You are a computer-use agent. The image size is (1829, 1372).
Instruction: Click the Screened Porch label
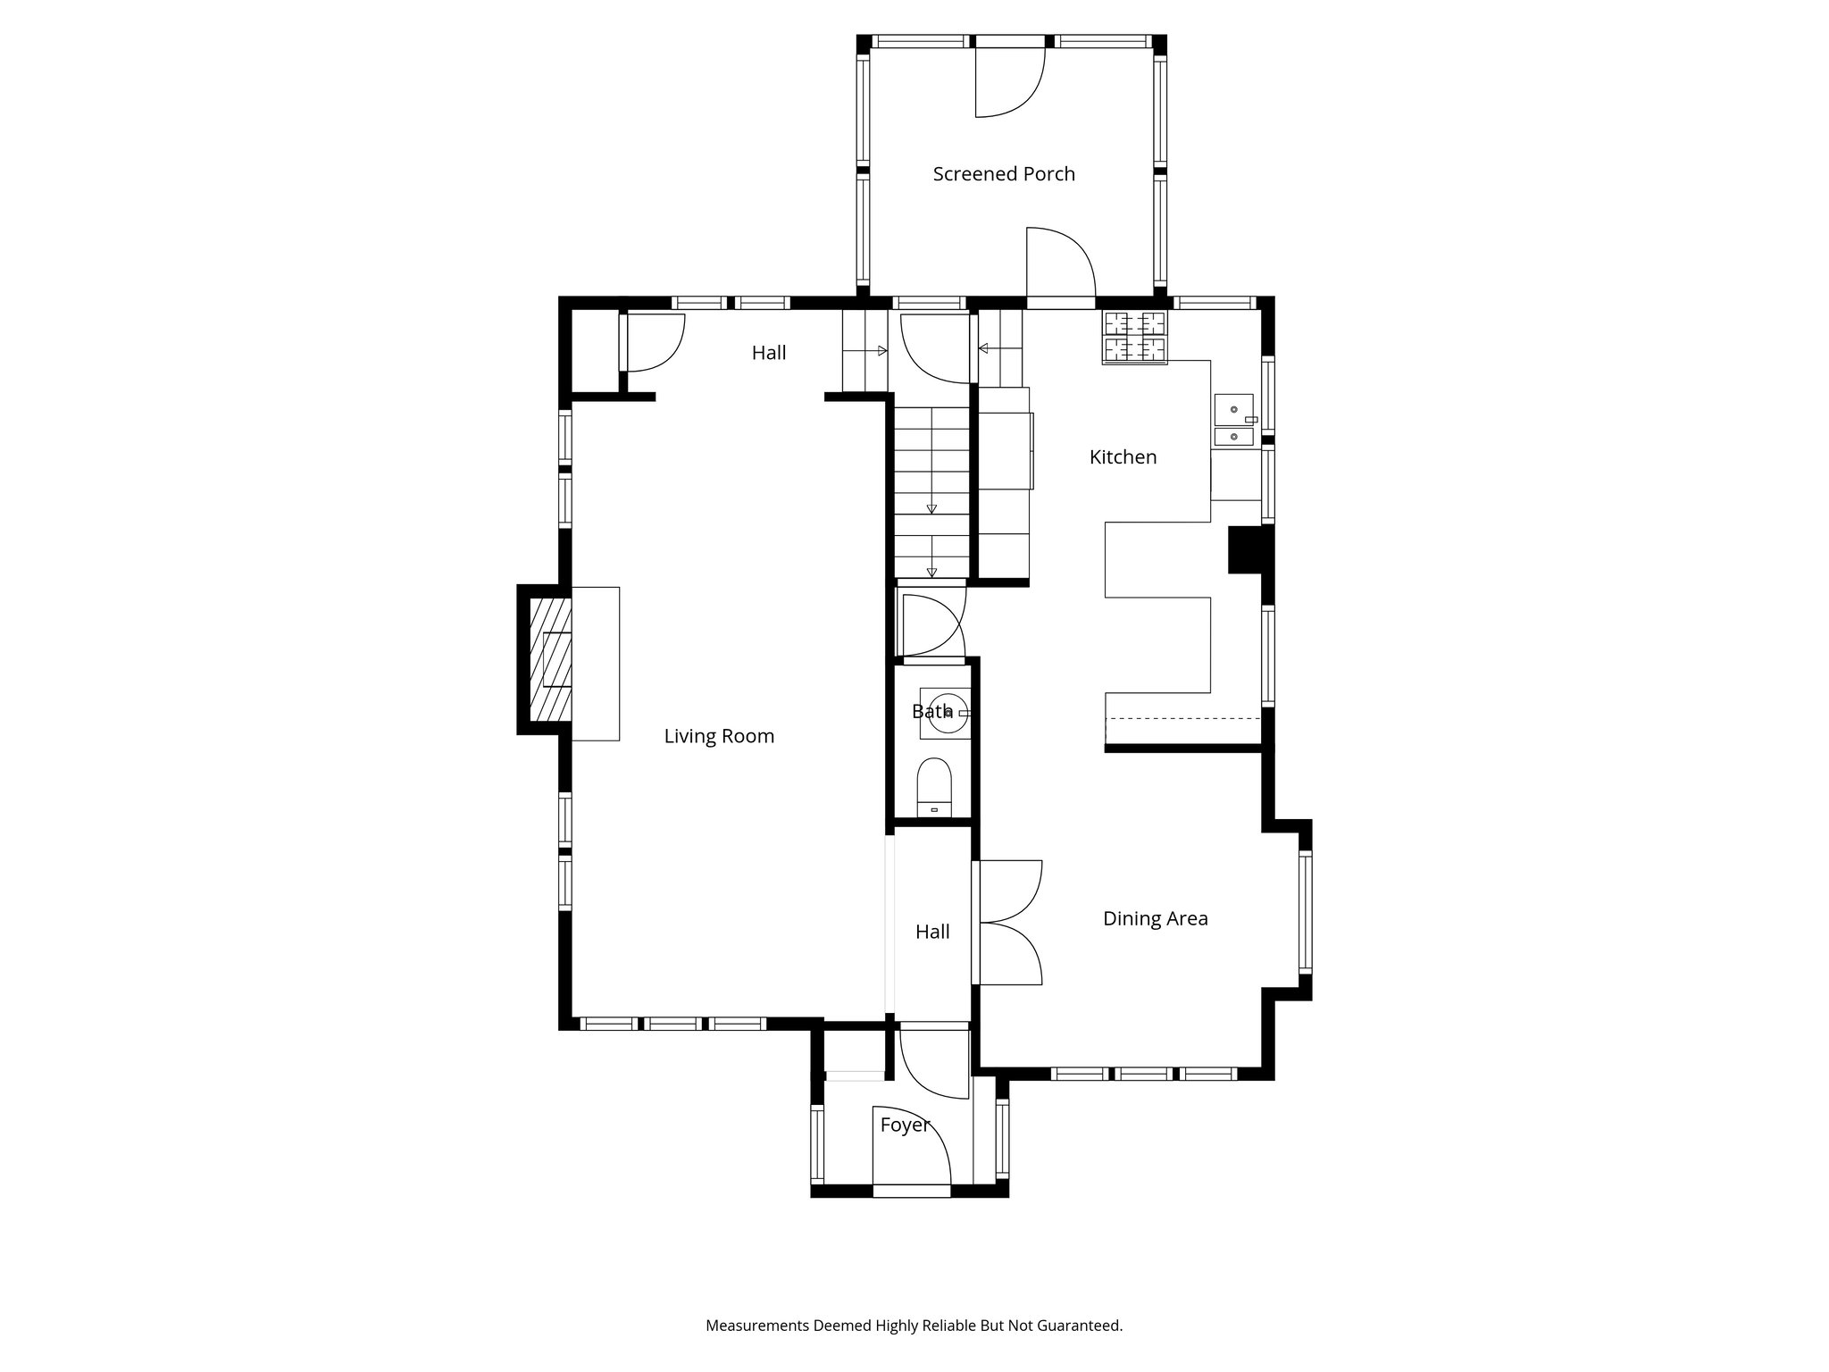click(x=1003, y=174)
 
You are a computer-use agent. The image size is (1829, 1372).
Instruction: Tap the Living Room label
click(x=718, y=736)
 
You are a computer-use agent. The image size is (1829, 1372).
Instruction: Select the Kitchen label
click(x=1123, y=457)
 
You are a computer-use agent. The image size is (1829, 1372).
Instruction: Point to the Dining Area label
click(x=1155, y=918)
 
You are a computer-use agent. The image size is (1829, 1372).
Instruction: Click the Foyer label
click(x=904, y=1125)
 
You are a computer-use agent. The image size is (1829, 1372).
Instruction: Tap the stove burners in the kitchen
click(x=1135, y=337)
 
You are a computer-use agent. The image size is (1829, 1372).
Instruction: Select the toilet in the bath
click(x=934, y=786)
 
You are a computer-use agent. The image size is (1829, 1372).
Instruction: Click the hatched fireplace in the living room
click(x=550, y=658)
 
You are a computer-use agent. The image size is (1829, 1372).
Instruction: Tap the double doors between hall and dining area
click(x=1009, y=923)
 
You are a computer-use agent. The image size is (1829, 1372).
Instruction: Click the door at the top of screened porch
click(x=1009, y=80)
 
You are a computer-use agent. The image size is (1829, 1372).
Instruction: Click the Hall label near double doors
click(x=931, y=932)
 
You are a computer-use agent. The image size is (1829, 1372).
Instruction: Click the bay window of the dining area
click(x=1305, y=911)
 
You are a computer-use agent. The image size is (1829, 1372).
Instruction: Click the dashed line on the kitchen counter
click(x=1182, y=718)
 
